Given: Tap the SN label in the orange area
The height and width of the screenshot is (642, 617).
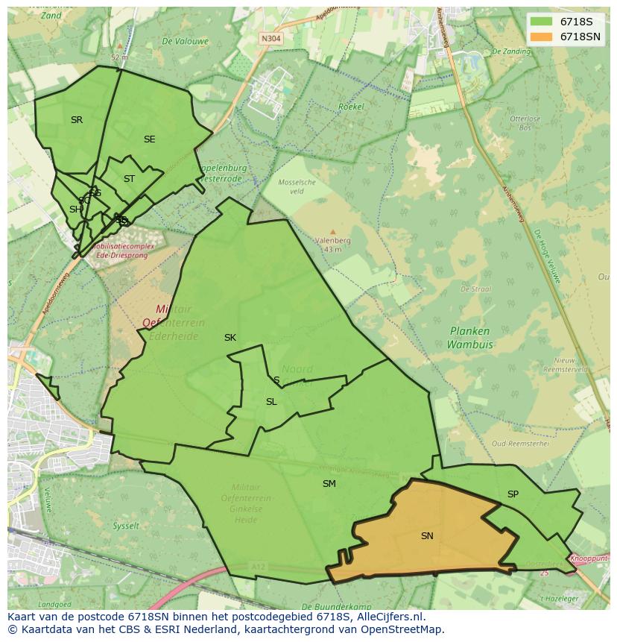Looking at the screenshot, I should [427, 535].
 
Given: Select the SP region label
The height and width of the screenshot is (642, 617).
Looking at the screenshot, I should [513, 494].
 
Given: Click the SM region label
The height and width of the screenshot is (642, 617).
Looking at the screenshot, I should [329, 484].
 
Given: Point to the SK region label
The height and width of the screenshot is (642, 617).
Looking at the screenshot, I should [230, 338].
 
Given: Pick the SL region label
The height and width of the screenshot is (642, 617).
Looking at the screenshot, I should [271, 402].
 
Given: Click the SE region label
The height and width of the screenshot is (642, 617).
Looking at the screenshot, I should [150, 139].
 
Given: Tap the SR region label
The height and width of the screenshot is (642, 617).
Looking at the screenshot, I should [77, 120].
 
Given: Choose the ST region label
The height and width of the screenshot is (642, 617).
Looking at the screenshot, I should [129, 179].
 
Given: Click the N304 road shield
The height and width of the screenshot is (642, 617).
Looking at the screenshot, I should [270, 39].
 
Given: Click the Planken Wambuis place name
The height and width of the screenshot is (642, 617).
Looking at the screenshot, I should [469, 338].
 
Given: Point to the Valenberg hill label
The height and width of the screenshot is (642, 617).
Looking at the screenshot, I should [332, 241].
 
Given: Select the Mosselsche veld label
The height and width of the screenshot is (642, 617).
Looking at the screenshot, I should [297, 186].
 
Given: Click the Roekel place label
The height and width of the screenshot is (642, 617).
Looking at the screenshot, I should [351, 107].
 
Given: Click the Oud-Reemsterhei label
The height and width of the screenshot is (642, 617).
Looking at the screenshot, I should [520, 443].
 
